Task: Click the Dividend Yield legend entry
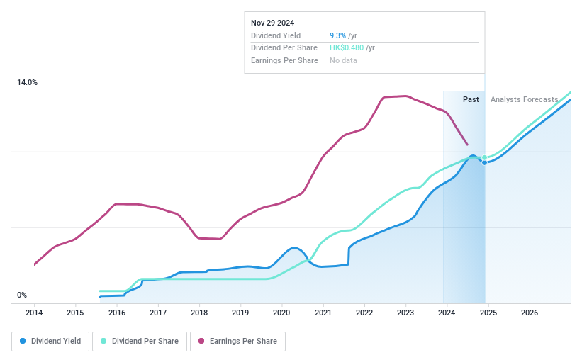tap(50, 341)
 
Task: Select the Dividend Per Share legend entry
tap(140, 341)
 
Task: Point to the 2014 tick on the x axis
tap(34, 313)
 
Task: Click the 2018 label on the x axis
tap(199, 313)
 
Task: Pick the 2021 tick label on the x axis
tap(323, 313)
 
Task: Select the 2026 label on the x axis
tap(529, 313)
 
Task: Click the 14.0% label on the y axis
tap(28, 83)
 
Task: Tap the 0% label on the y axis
tap(22, 295)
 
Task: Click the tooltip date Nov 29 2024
tap(272, 23)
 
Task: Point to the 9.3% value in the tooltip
tap(338, 35)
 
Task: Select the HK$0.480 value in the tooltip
tap(346, 47)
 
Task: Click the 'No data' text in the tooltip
tap(343, 60)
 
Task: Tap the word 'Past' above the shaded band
tap(471, 99)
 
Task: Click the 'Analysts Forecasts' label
tap(524, 99)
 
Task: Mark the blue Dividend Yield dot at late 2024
tap(485, 162)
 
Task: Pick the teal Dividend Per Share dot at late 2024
tap(485, 157)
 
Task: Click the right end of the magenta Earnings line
tap(467, 145)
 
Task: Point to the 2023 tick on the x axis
tap(405, 313)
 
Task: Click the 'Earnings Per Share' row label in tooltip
tap(284, 60)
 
